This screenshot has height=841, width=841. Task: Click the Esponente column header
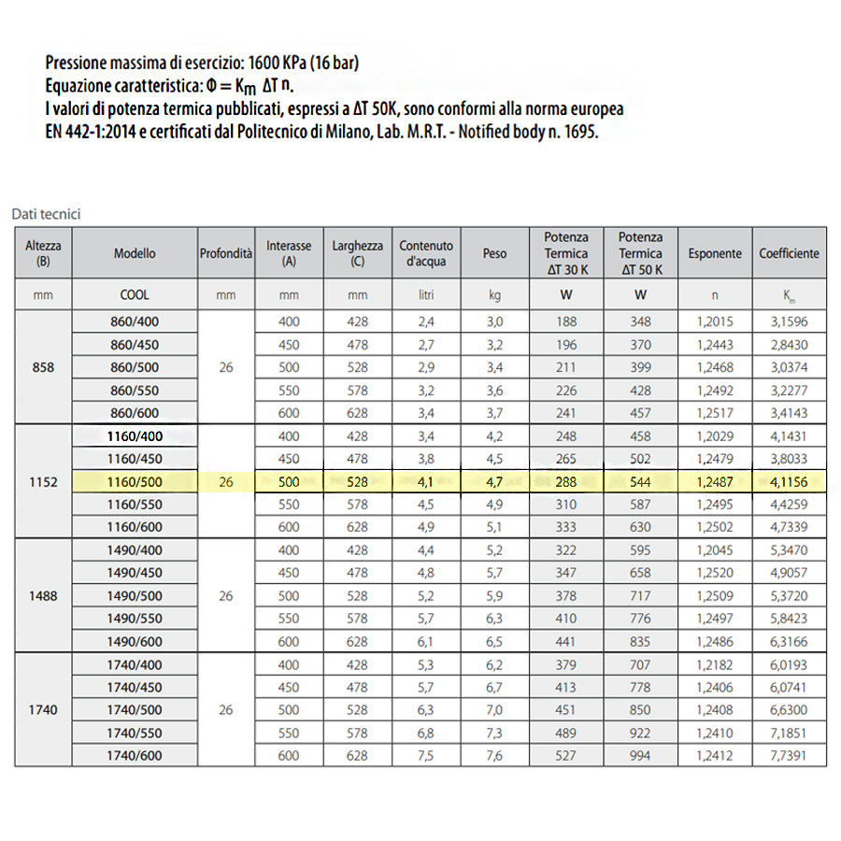pos(715,253)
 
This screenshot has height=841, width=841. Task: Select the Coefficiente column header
pos(789,253)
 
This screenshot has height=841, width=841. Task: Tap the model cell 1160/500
pos(135,481)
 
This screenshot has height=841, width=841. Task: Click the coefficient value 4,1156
pos(789,481)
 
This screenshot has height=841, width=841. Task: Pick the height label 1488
pos(43,595)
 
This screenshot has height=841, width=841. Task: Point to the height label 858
pos(43,367)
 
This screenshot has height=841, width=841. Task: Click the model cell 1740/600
pos(135,755)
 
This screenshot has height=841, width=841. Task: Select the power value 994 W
pos(640,755)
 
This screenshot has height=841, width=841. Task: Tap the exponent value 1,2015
pos(715,322)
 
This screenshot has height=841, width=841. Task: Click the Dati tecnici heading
pos(47,214)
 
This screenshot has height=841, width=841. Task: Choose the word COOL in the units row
pos(135,294)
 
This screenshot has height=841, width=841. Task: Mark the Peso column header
pos(495,253)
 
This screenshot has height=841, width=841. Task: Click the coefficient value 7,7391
pos(789,755)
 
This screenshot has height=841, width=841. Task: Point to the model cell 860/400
pos(135,322)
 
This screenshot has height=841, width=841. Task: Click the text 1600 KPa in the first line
pos(279,64)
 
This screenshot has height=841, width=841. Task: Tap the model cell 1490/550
pos(135,619)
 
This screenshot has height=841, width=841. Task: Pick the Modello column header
pos(135,253)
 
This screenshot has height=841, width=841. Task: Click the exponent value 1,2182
pos(715,664)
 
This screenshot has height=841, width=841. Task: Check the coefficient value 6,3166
pos(789,641)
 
